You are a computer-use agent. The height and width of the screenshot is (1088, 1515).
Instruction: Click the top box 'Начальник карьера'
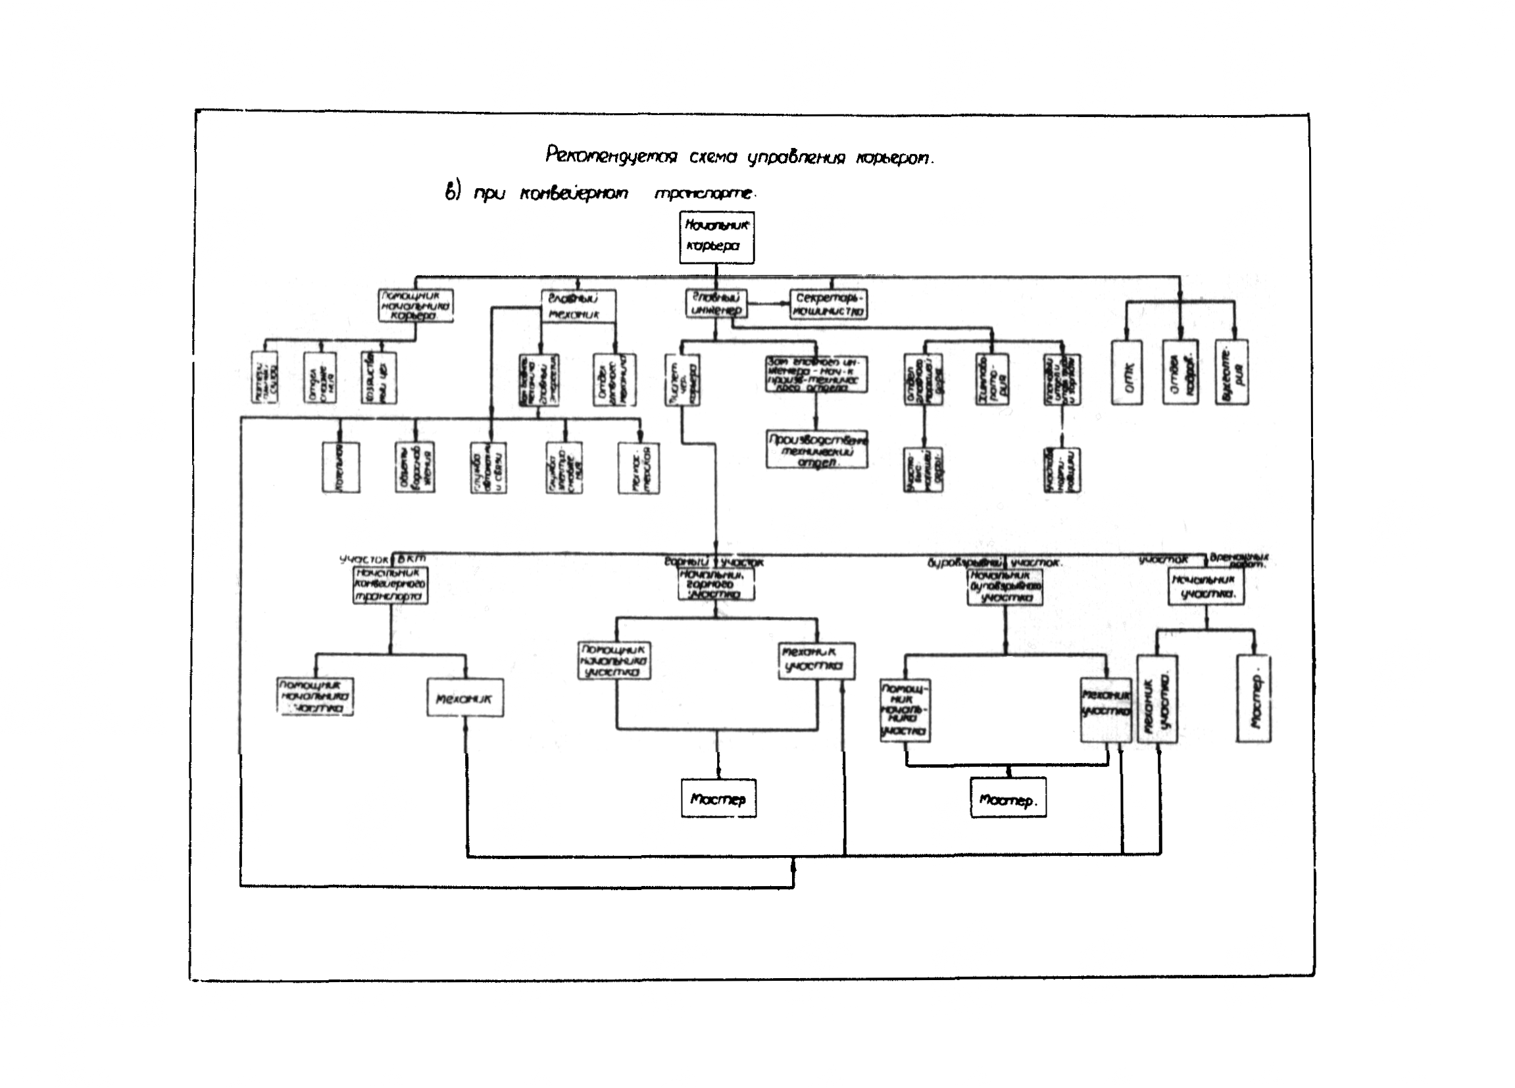click(716, 237)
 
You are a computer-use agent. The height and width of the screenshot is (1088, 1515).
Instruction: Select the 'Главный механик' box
click(578, 306)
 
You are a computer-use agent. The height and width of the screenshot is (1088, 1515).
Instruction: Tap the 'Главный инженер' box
click(716, 303)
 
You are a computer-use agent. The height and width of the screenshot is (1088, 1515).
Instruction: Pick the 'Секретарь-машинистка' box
click(828, 304)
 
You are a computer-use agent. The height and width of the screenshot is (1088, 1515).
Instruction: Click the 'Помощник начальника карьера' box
click(416, 305)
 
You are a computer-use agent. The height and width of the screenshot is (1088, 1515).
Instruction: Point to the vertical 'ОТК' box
click(1127, 372)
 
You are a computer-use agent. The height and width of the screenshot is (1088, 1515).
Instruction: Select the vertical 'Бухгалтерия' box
click(1231, 372)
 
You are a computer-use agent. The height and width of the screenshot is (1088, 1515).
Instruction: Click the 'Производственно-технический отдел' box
click(816, 449)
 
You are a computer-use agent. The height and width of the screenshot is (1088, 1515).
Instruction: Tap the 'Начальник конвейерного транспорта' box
click(390, 585)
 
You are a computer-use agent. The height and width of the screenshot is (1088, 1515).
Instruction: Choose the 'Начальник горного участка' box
click(716, 583)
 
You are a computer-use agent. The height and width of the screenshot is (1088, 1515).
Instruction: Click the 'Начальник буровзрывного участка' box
click(1005, 586)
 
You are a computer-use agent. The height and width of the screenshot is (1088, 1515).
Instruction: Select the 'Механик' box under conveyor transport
click(465, 698)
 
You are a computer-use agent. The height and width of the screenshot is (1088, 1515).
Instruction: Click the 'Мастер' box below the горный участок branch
click(718, 798)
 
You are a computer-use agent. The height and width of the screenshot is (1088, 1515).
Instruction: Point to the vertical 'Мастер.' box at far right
click(1254, 698)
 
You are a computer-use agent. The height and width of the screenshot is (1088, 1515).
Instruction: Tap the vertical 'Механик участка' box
click(1157, 698)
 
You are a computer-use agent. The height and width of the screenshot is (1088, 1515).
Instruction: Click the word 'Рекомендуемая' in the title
click(610, 156)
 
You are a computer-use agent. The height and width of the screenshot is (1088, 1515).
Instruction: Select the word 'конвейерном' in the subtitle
click(573, 193)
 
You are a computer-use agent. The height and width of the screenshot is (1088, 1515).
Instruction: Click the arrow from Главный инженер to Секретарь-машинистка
click(768, 304)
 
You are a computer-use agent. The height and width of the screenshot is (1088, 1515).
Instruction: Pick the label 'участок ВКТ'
click(382, 558)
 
